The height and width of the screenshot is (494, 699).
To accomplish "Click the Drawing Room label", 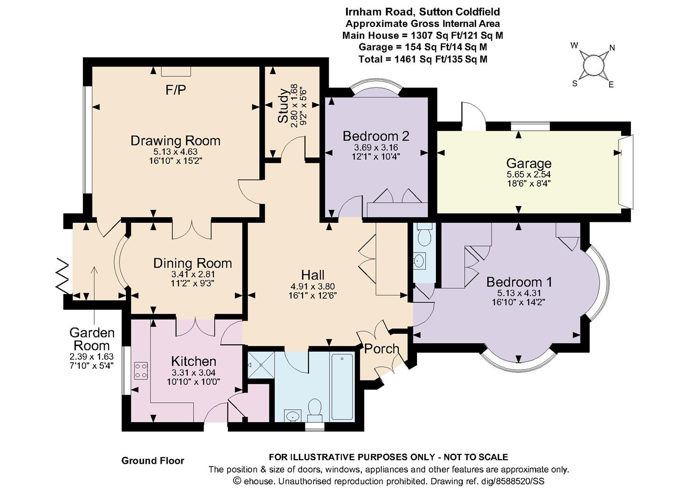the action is [x=175, y=141].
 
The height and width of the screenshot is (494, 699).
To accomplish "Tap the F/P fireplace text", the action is [x=176, y=90].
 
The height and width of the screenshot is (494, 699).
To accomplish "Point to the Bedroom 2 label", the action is [x=376, y=136].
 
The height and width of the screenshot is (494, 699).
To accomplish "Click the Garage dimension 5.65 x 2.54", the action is [x=529, y=174].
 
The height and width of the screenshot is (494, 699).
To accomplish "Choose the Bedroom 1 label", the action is [x=519, y=282].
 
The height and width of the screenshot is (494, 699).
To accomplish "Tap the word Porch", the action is [x=382, y=349].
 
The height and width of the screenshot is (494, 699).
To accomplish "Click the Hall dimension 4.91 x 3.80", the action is [x=312, y=286].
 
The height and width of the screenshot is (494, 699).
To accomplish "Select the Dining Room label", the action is [x=193, y=263].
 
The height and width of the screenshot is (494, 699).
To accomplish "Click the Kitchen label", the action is [x=194, y=361].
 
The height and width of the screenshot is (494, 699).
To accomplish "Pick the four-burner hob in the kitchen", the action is [x=141, y=370].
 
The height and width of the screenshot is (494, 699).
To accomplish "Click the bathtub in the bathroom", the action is [x=342, y=386].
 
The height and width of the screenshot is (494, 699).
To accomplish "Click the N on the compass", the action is [x=612, y=48].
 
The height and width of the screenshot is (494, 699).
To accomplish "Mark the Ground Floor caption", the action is [x=152, y=461].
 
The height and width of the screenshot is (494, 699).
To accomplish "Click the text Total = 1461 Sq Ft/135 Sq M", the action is [x=423, y=59].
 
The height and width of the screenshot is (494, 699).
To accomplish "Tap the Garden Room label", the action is [x=92, y=339].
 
